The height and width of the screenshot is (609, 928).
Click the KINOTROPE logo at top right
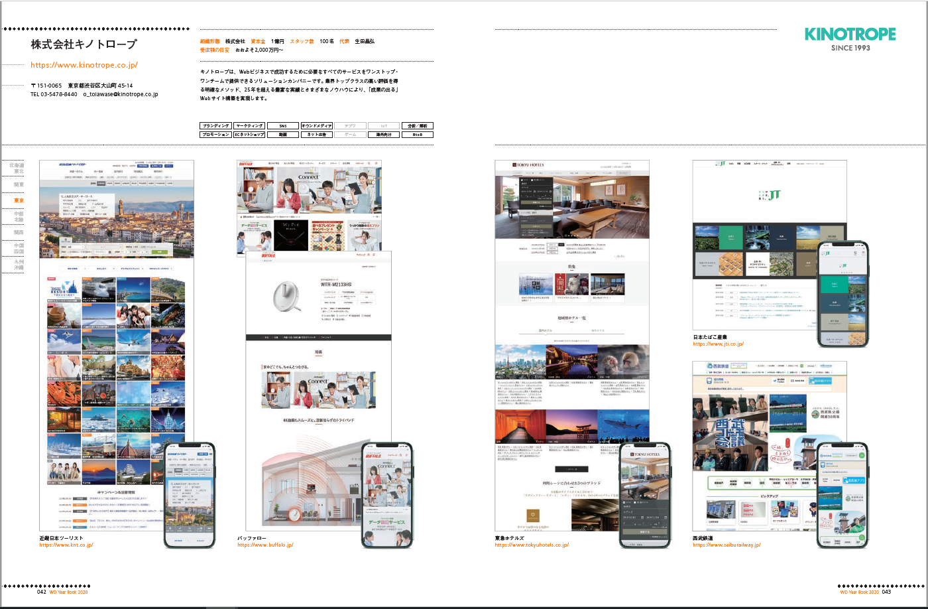(x=850, y=34)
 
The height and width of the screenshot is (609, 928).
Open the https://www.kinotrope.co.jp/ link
(x=84, y=65)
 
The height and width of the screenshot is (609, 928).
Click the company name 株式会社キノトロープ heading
(x=84, y=44)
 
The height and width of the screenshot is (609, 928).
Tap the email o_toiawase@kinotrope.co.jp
(x=121, y=95)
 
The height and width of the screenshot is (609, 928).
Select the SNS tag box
(x=283, y=125)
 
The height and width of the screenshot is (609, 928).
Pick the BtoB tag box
(x=417, y=135)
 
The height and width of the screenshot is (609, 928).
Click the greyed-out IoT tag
(x=384, y=125)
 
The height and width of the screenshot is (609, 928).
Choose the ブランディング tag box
(x=215, y=125)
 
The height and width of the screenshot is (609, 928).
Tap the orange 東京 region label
(x=19, y=200)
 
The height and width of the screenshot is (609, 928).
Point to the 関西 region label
(x=19, y=233)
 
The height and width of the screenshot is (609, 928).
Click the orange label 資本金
(x=258, y=41)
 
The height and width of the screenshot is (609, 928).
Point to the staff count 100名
(x=327, y=41)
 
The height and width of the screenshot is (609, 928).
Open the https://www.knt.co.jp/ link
(x=66, y=545)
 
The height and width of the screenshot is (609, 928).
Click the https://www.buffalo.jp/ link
(x=265, y=545)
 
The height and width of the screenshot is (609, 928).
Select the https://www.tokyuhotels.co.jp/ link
(x=532, y=545)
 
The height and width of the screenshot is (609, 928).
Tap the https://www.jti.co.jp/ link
(x=719, y=344)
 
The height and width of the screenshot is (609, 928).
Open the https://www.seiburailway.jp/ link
(x=726, y=545)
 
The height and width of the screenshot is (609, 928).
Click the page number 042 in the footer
(x=42, y=592)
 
